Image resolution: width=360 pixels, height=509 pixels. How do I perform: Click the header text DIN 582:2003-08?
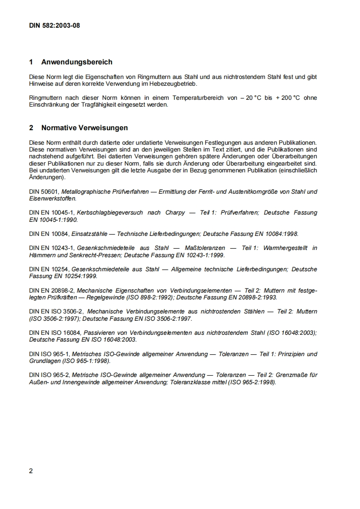pyautogui.click(x=54, y=25)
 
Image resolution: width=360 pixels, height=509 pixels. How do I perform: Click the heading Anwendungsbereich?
pyautogui.click(x=77, y=62)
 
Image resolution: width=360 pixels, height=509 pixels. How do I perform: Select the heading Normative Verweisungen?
pyautogui.click(x=84, y=128)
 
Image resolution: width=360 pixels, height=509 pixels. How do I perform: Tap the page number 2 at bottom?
pyautogui.click(x=31, y=470)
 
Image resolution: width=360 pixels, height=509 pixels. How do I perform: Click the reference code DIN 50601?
pyautogui.click(x=44, y=191)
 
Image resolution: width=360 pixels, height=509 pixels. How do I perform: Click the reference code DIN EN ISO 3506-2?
pyautogui.click(x=56, y=312)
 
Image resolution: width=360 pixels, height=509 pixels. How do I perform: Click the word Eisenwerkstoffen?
pyautogui.click(x=53, y=198)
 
